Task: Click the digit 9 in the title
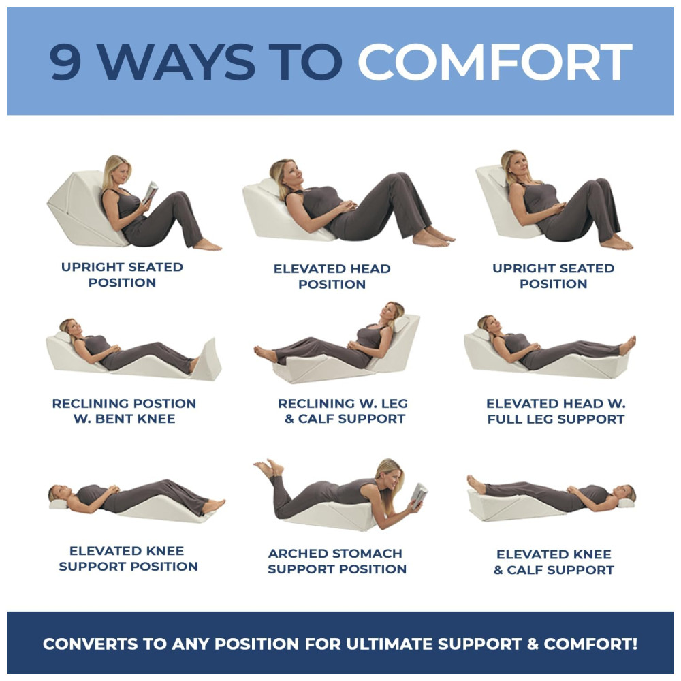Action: click(x=65, y=61)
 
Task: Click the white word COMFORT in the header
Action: click(x=494, y=61)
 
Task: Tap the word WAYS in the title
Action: click(x=175, y=62)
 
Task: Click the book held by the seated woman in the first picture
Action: click(x=151, y=192)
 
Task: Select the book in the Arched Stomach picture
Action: click(x=419, y=495)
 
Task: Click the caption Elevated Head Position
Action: click(x=332, y=276)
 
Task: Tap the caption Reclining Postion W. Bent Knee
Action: click(x=124, y=411)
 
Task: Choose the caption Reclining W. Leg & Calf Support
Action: click(x=343, y=411)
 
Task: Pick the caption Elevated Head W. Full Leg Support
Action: click(x=556, y=411)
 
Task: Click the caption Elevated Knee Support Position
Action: click(x=128, y=558)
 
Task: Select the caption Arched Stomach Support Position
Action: click(x=337, y=560)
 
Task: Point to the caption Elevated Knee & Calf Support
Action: click(x=554, y=562)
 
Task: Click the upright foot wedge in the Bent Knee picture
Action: click(x=207, y=360)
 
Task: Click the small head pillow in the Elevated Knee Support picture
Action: click(x=58, y=504)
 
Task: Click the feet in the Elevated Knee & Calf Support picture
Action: click(x=476, y=484)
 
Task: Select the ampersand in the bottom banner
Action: click(x=533, y=644)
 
